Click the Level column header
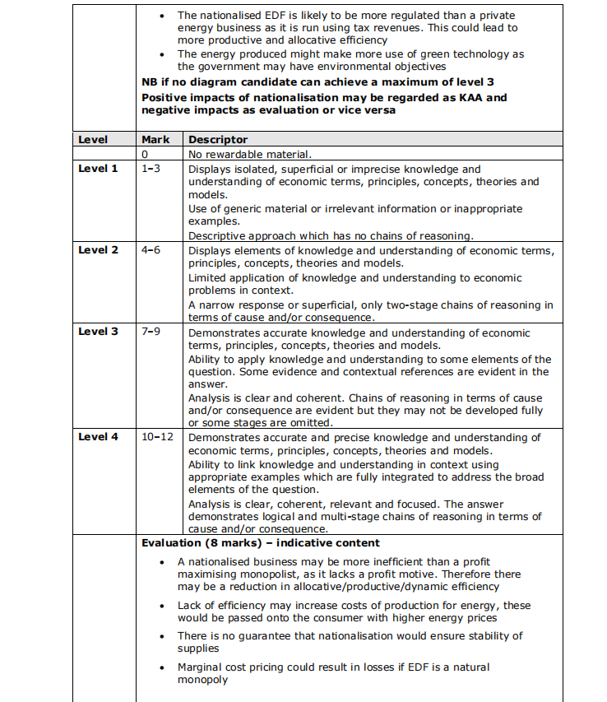coord(93,140)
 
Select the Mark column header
coord(155,140)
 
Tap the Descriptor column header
coord(218,140)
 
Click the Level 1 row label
coord(98,169)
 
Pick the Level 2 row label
coord(98,250)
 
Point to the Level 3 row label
coord(98,332)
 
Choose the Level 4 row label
coord(98,437)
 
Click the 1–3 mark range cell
coord(151,169)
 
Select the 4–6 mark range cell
coord(151,250)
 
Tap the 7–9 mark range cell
coord(151,332)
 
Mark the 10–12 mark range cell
coord(157,437)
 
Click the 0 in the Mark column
coord(145,154)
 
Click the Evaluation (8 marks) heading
coord(261,543)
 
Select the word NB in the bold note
coord(150,81)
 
